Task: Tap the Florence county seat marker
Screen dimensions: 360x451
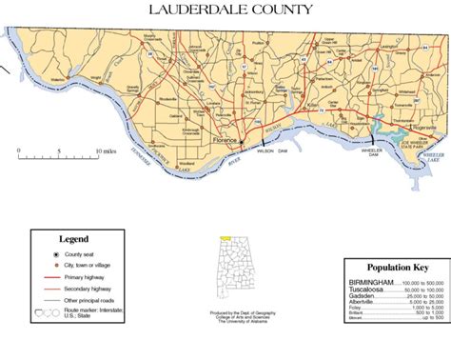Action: point(241,143)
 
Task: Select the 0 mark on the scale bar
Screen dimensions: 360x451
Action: point(19,152)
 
